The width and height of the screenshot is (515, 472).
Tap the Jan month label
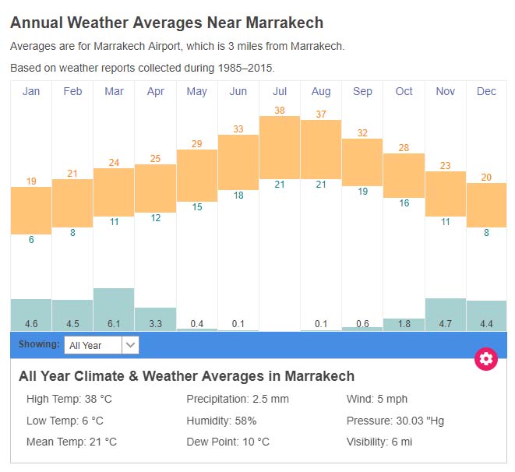coord(31,91)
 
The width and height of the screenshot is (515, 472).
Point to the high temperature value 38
coord(280,111)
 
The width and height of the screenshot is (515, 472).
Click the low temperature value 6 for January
coord(31,240)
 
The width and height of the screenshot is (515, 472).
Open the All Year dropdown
coord(101,345)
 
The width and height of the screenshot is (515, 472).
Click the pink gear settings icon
coord(486,358)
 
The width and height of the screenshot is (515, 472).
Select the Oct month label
coord(404,91)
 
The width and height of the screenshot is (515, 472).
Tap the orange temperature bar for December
coord(486,205)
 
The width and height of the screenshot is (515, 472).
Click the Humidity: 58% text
coord(221,421)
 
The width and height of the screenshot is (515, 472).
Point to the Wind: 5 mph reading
coord(377,400)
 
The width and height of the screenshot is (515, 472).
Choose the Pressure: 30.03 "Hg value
coord(395,421)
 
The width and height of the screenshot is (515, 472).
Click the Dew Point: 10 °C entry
coord(228,442)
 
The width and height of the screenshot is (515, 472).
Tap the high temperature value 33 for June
coord(238,129)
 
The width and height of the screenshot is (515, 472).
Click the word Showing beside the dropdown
coord(39,344)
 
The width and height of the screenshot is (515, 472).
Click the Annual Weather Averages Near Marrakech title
coord(167,23)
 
